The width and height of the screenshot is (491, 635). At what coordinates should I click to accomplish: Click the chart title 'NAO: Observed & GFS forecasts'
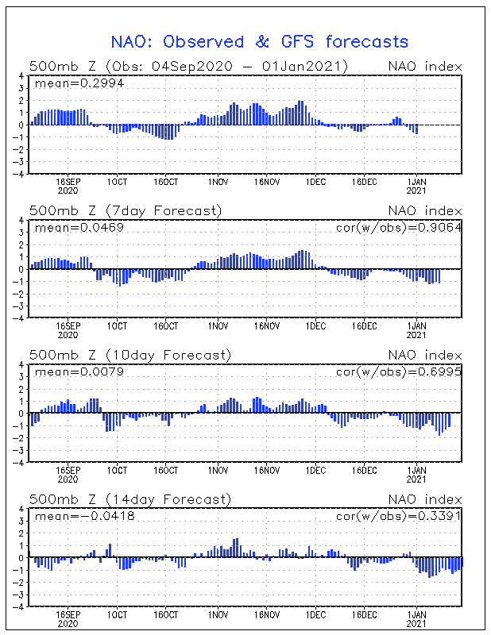click(258, 41)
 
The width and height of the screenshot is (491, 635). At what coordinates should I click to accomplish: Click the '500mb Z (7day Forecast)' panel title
click(126, 210)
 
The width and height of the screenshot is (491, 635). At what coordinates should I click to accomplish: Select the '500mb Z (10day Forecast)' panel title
click(130, 355)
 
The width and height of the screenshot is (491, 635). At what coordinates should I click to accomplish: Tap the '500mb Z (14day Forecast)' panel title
click(130, 499)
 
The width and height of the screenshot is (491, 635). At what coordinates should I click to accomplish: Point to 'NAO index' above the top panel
click(425, 66)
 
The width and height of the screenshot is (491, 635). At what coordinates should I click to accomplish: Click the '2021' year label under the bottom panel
click(416, 624)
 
